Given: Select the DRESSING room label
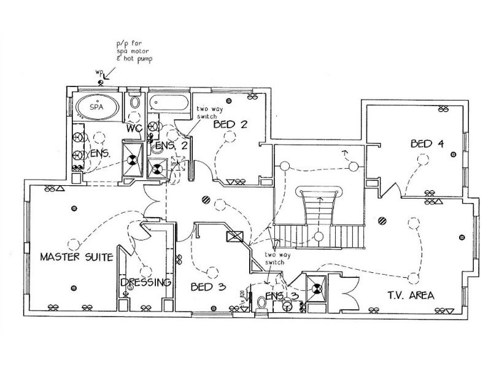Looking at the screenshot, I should pyautogui.click(x=145, y=283).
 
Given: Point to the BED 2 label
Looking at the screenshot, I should pyautogui.click(x=230, y=125).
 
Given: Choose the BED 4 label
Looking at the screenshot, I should pyautogui.click(x=428, y=145).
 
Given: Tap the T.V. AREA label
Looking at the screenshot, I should pyautogui.click(x=410, y=296).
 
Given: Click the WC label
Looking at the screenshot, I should pyautogui.click(x=135, y=130).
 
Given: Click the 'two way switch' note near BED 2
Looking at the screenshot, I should pyautogui.click(x=205, y=112).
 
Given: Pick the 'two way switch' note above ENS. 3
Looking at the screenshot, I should pyautogui.click(x=275, y=258).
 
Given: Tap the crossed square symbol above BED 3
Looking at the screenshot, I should pyautogui.click(x=233, y=237).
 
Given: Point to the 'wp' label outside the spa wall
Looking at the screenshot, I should pyautogui.click(x=99, y=72).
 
